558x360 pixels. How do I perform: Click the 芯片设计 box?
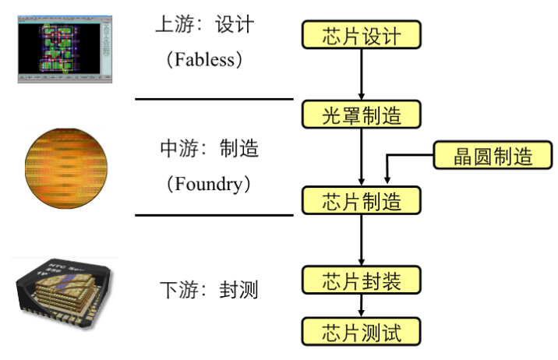pos(362,36)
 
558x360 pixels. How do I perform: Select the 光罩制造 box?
pos(362,115)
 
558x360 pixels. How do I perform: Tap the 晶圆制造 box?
pos(482,155)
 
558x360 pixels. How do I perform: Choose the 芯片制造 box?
pos(362,200)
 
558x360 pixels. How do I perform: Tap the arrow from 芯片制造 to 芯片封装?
pos(362,240)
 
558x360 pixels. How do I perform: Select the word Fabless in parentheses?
pos(205,59)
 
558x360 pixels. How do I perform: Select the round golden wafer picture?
pos(65,165)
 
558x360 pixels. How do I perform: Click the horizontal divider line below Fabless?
pos(214,99)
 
